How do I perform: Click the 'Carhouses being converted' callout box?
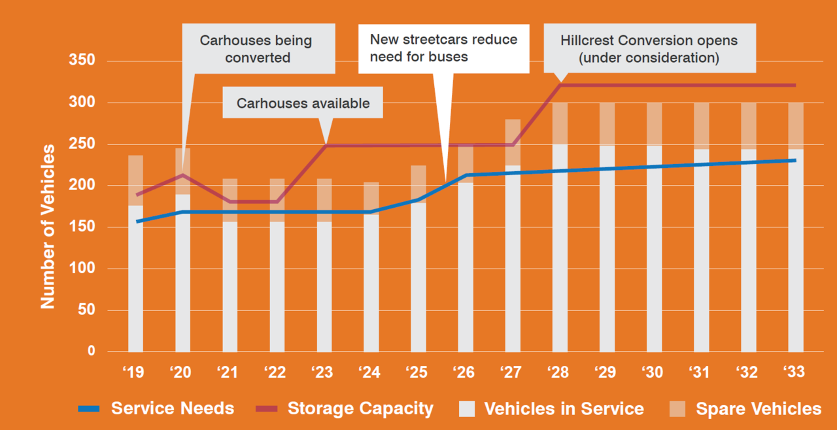(256, 49)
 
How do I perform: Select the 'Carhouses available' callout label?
(303, 103)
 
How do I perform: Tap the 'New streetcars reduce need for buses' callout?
(443, 48)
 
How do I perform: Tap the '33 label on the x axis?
(795, 372)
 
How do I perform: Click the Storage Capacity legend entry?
(360, 409)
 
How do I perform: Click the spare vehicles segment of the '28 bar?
(560, 124)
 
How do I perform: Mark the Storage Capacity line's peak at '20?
(183, 174)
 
